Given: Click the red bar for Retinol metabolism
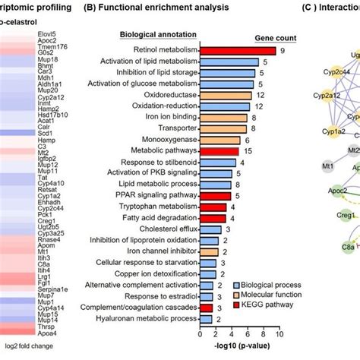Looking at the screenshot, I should coord(236,51).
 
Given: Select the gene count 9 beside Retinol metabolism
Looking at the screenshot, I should coord(282,51).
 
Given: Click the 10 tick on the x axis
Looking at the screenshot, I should coord(280,333).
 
